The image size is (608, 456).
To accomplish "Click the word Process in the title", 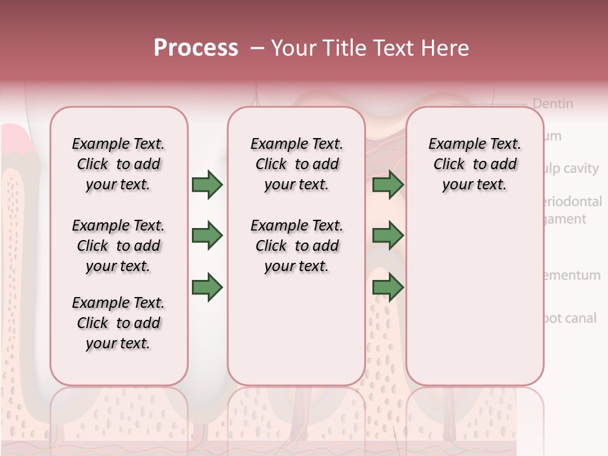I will click(196, 48).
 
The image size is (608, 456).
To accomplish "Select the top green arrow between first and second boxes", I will click(207, 185).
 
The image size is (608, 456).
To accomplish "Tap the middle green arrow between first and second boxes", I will click(207, 236).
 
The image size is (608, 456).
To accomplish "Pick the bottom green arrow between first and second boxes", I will click(207, 288).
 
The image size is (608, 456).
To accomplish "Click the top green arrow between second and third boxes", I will click(388, 185).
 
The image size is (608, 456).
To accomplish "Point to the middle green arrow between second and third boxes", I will click(388, 236).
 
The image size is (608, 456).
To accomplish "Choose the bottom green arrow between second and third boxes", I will click(388, 288).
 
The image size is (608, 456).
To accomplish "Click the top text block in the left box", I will click(118, 164).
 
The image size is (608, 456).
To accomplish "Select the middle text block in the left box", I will click(118, 246).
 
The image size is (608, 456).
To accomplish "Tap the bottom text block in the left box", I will click(118, 323).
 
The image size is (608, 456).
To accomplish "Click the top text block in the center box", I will click(296, 164).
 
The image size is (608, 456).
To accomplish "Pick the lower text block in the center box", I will click(296, 246).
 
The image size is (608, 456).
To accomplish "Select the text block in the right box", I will click(474, 164).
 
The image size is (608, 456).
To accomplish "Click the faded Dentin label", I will click(552, 103).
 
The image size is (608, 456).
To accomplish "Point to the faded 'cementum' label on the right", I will click(571, 275).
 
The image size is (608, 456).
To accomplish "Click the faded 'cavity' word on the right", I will click(581, 168).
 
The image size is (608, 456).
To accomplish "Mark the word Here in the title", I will click(446, 48).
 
